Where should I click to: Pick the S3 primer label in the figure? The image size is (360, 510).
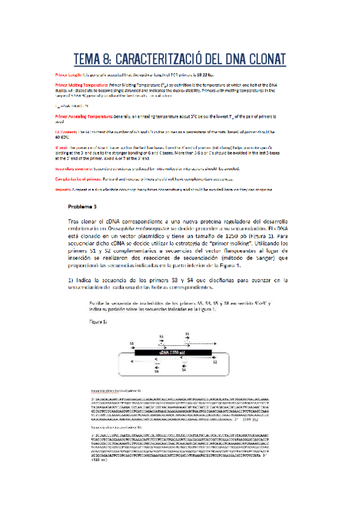coord(161,336)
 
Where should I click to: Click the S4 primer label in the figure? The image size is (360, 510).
coord(184,372)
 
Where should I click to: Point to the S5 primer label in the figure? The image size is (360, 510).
coord(187,333)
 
